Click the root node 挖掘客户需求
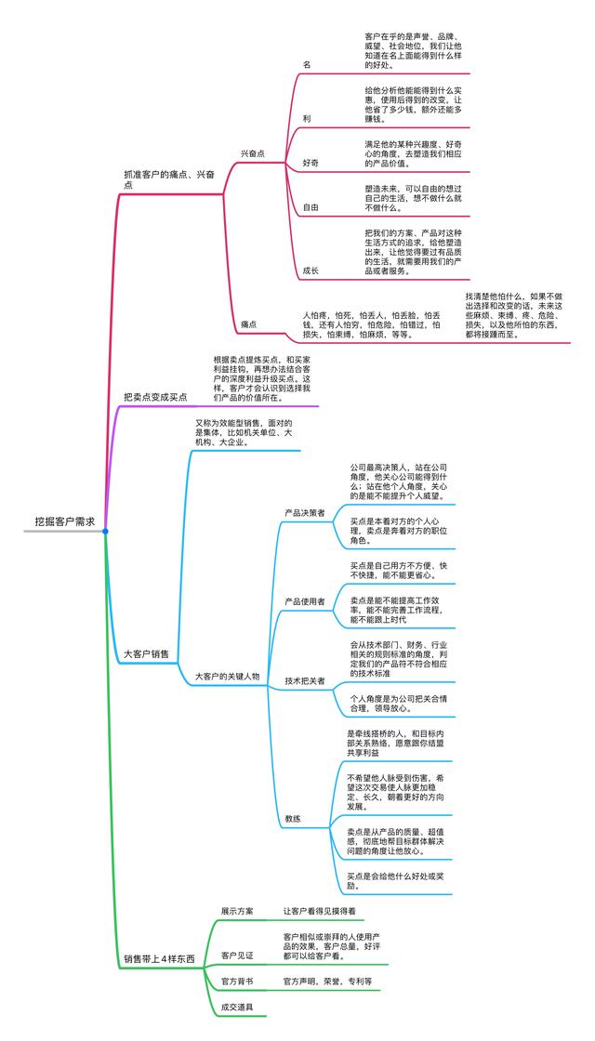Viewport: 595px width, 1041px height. pos(64,522)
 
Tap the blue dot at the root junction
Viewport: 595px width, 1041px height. pos(105,532)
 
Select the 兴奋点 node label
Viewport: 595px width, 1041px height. pos(253,153)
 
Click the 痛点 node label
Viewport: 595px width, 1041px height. pos(249,324)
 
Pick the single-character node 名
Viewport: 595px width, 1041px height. pos(307,64)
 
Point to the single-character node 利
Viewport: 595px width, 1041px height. pos(307,120)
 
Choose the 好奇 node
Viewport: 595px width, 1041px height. pos(311,163)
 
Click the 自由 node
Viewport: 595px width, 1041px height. pos(311,207)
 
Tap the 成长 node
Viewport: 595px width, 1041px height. pos(311,270)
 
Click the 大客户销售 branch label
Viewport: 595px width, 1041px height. pos(147,654)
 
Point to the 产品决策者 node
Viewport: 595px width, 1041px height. pos(305,512)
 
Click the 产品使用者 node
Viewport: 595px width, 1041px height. pos(305,601)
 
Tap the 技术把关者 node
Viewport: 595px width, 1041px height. pos(305,681)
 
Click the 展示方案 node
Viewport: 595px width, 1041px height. pos(237,911)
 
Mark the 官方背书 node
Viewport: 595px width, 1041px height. pos(237,982)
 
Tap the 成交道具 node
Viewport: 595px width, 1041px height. pos(237,1008)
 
